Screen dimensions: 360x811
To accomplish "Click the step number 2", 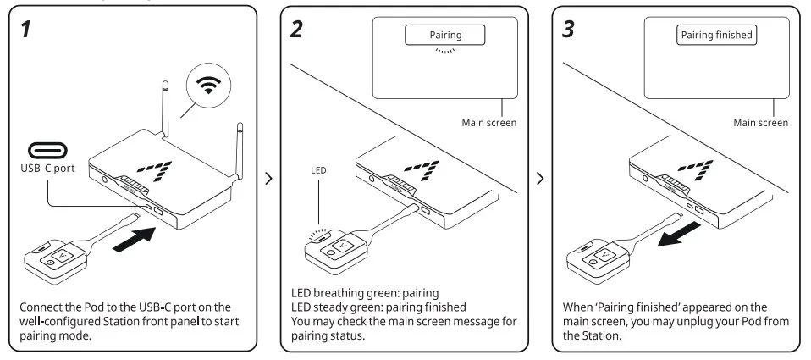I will (295, 30).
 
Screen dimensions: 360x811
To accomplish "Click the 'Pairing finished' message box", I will (716, 35).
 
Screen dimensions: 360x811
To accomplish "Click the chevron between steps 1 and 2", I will (269, 180).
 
